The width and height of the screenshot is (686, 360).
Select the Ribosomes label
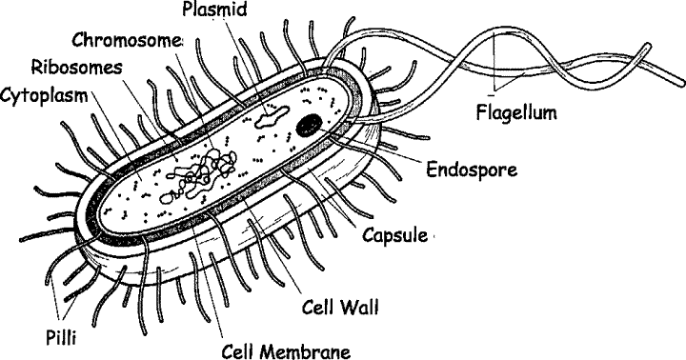point(72,68)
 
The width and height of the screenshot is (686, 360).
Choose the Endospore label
point(473,171)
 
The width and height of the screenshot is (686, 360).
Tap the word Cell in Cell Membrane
point(238,349)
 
